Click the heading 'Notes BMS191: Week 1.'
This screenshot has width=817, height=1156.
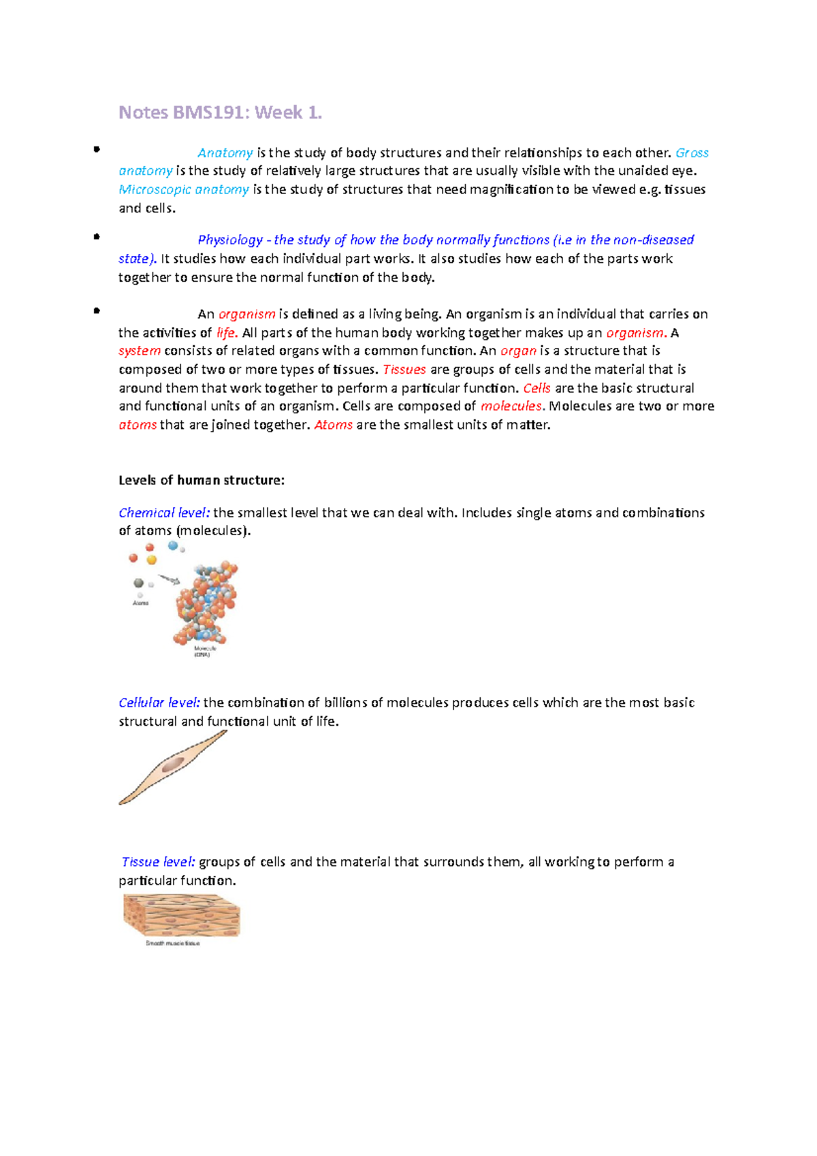[220, 112]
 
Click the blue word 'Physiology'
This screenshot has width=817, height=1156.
[230, 240]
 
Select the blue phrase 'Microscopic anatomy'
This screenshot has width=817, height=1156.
[184, 189]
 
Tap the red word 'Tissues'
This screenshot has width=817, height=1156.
[404, 370]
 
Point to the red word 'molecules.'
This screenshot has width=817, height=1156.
[512, 406]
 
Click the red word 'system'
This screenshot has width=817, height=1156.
[140, 351]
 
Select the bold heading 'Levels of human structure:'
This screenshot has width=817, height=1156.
[202, 480]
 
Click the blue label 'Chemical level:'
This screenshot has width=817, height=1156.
[164, 513]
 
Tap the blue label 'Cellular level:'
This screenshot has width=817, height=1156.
[159, 703]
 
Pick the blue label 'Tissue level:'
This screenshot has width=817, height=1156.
[158, 862]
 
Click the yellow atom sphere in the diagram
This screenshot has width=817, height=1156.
[152, 560]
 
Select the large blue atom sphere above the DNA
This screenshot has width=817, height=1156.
[173, 545]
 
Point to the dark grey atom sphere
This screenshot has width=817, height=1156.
[139, 583]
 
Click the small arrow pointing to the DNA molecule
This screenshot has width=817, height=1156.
[169, 580]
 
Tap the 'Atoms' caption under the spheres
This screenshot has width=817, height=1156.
[141, 603]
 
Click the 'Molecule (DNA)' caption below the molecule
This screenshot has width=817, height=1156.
[204, 652]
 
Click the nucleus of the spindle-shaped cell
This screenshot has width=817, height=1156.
[172, 765]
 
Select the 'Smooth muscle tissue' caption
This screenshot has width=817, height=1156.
[172, 944]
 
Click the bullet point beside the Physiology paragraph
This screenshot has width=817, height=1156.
[97, 237]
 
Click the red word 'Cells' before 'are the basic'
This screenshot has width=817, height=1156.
[536, 388]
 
